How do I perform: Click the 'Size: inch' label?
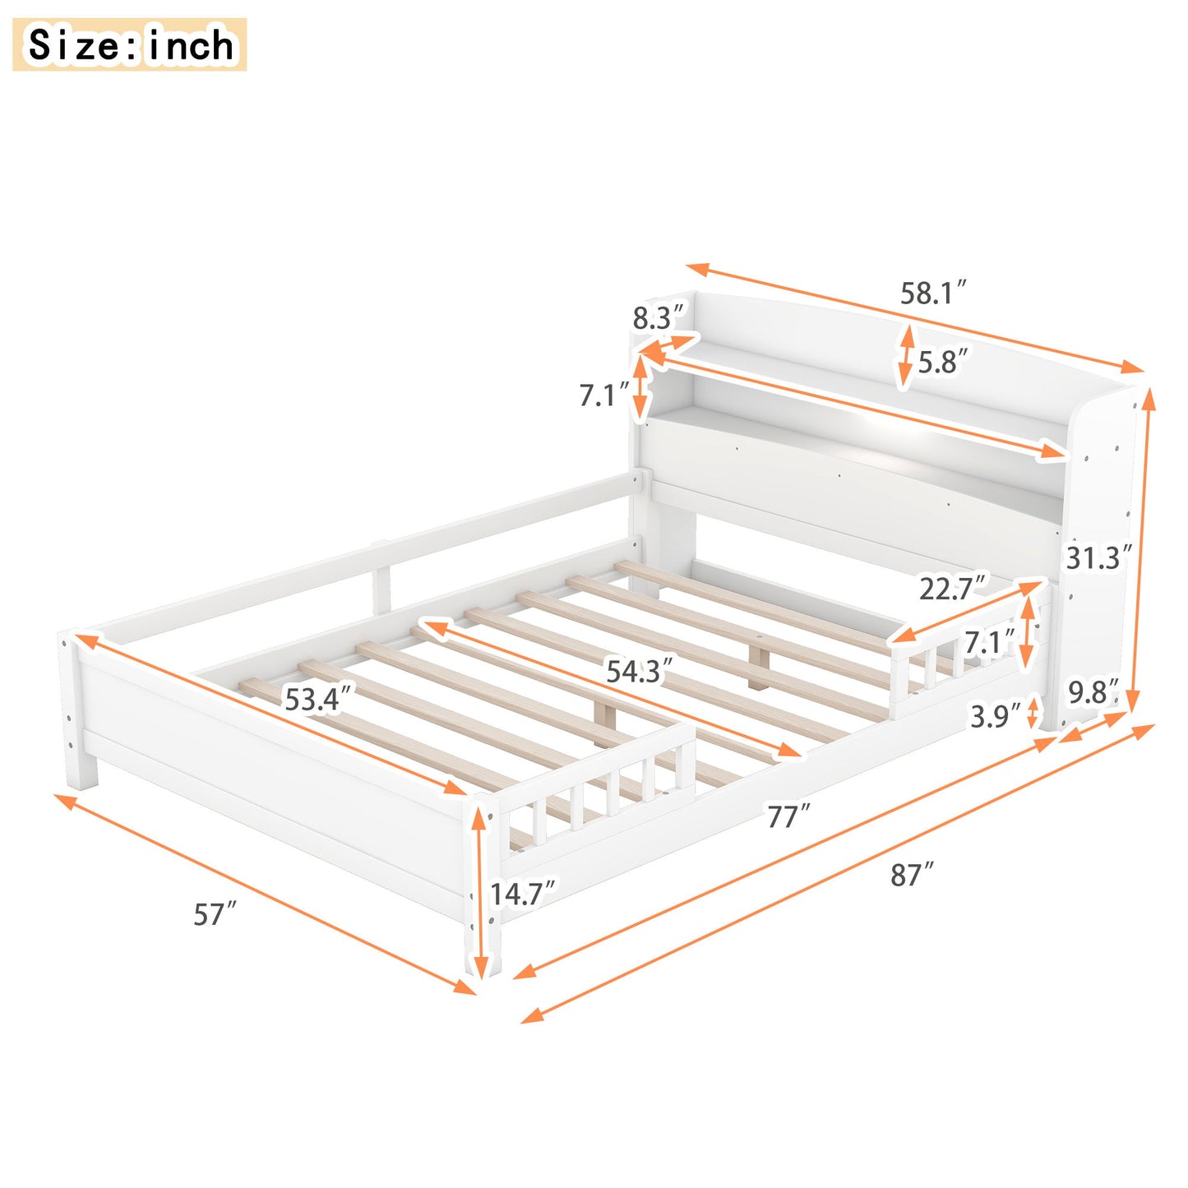130,44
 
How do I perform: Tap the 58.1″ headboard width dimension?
932,293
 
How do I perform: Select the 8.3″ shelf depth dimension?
658,317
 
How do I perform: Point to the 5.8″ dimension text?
942,362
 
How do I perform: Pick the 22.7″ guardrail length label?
951,589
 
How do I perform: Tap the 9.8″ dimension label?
1093,692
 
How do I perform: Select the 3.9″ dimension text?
995,716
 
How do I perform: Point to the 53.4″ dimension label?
318,699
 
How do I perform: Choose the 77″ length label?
788,816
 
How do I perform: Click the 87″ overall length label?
912,875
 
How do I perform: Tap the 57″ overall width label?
215,913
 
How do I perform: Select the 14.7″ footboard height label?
522,894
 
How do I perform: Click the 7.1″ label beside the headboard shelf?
604,395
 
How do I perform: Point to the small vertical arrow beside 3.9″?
1033,713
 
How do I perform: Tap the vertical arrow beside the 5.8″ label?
905,357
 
